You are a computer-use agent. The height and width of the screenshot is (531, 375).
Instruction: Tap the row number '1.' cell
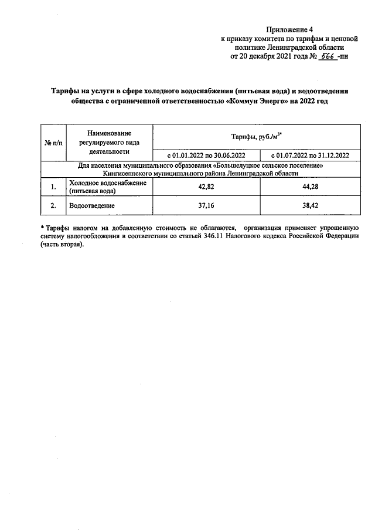(53, 187)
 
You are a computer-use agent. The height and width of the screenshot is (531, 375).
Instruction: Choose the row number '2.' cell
(53, 206)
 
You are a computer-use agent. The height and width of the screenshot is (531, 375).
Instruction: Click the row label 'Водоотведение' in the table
(91, 206)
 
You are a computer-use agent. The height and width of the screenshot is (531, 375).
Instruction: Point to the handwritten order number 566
(326, 57)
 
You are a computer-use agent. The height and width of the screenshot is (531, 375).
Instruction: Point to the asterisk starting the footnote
(42, 226)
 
